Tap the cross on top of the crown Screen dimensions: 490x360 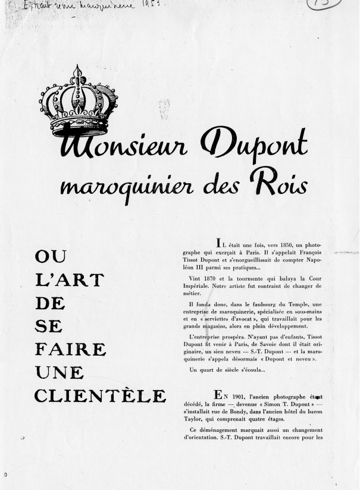pyautogui.click(x=77, y=70)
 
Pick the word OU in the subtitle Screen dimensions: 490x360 pyautogui.click(x=51, y=258)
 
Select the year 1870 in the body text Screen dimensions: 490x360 pyautogui.click(x=215, y=279)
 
